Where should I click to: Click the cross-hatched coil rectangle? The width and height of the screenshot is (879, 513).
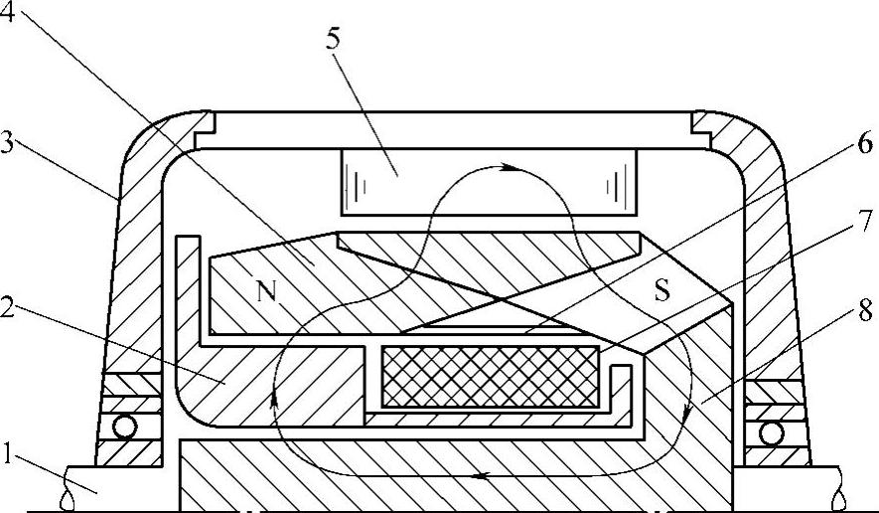(x=490, y=376)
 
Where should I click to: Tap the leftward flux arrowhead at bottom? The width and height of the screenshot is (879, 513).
(x=480, y=477)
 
